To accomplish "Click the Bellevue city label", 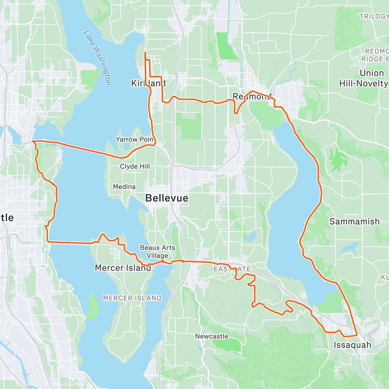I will click(167, 198).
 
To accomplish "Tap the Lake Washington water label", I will click(97, 58).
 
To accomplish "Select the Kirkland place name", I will click(148, 83).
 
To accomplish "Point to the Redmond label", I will click(252, 96).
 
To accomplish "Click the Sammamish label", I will click(354, 221).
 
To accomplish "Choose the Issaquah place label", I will click(352, 345).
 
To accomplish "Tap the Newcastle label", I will click(212, 336).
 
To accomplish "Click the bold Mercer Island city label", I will click(123, 268).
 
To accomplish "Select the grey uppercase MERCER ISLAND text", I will click(132, 298).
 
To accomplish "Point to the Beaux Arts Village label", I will click(158, 252).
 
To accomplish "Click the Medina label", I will click(124, 187).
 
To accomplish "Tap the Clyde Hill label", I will click(135, 166).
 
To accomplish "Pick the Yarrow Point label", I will click(135, 139).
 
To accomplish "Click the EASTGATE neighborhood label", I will click(232, 269).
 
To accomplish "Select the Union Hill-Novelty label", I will click(364, 78).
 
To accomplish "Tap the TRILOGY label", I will click(374, 16).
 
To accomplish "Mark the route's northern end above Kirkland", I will click(145, 53).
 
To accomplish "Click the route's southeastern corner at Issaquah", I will click(357, 335).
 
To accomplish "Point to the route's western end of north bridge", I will click(33, 141).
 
